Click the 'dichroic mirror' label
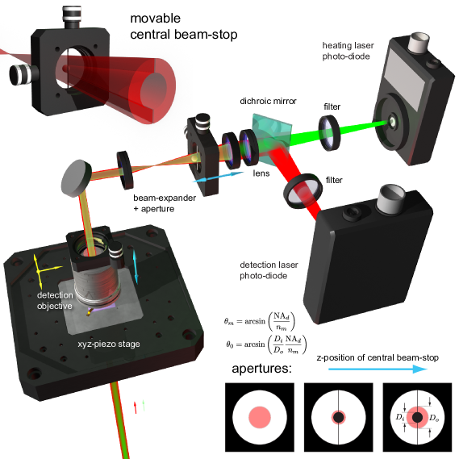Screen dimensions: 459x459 point(268,101)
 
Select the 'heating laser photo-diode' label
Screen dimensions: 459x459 point(348,51)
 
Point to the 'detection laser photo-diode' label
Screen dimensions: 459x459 point(269,270)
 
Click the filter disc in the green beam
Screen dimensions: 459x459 point(329,133)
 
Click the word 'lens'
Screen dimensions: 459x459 point(261,173)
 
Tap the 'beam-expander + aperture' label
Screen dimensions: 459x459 point(165,203)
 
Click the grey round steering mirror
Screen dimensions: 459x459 point(76,178)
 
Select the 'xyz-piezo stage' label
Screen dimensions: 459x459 point(109,344)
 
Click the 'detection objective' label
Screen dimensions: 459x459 point(55,300)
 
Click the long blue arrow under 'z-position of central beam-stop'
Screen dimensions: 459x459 point(378,369)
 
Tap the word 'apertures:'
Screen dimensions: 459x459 point(261,369)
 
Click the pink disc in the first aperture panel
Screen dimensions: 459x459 point(260,417)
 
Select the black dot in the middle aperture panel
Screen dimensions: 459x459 point(339,417)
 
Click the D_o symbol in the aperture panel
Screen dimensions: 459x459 point(434,418)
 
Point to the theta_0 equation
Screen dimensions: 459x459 point(266,344)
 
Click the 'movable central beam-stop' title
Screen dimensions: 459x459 point(184,27)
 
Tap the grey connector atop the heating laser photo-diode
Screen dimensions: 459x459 point(418,42)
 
